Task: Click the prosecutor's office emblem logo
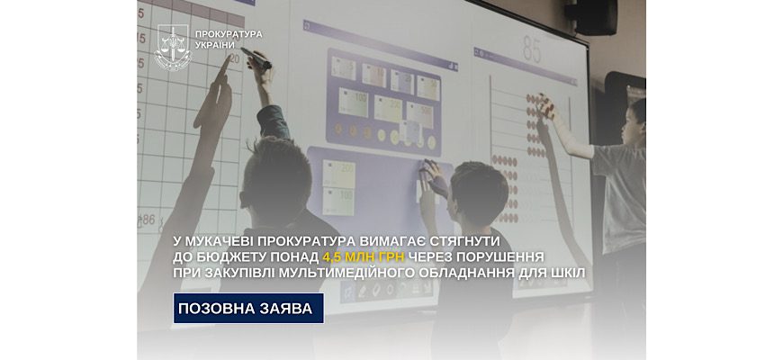point(173,48)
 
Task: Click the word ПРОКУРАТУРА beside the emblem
point(229,34)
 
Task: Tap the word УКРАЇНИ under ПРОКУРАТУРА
point(215,45)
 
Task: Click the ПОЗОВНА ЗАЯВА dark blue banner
point(248,308)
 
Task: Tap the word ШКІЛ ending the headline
point(567,273)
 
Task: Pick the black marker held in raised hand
point(256,58)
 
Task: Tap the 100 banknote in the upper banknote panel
point(353,102)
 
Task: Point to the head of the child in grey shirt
point(635,121)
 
